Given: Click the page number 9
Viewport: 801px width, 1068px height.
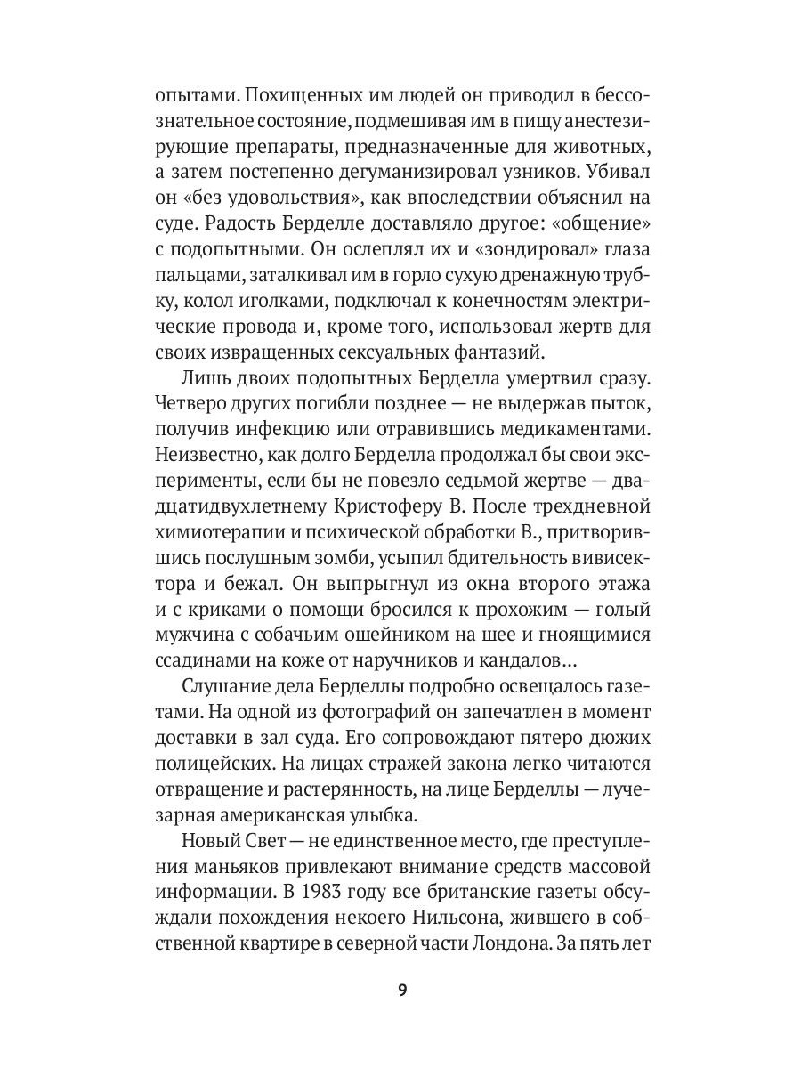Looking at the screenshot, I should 401,991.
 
